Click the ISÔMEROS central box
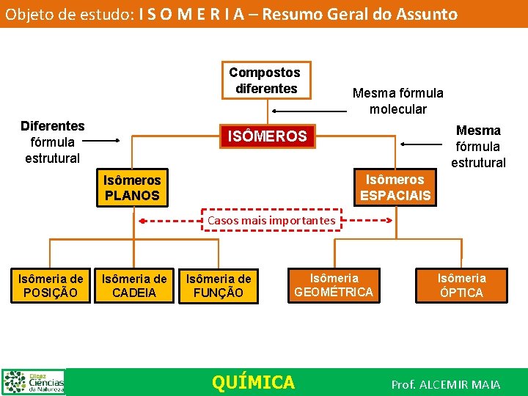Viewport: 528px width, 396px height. click(x=267, y=136)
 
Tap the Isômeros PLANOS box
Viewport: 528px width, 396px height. click(x=132, y=188)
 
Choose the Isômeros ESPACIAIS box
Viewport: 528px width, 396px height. click(x=395, y=188)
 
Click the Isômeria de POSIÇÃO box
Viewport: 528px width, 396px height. click(x=51, y=285)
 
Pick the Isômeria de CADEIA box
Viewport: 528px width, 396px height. click(x=133, y=285)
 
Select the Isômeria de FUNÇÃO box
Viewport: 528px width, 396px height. click(x=218, y=285)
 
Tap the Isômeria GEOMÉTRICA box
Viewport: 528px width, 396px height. click(x=334, y=285)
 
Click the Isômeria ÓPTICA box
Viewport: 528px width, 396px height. click(x=461, y=285)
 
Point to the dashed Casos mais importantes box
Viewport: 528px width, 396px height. click(x=271, y=220)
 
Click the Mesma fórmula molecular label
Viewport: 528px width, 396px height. click(x=397, y=101)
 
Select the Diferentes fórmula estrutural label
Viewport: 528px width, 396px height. click(x=52, y=142)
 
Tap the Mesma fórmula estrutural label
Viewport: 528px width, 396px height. click(x=478, y=146)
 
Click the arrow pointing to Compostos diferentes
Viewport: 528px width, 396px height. click(x=309, y=111)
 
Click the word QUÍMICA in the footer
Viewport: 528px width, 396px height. click(x=253, y=382)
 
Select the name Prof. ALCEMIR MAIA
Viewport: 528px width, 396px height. click(x=446, y=384)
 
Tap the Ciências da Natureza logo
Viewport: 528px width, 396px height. click(x=34, y=382)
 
